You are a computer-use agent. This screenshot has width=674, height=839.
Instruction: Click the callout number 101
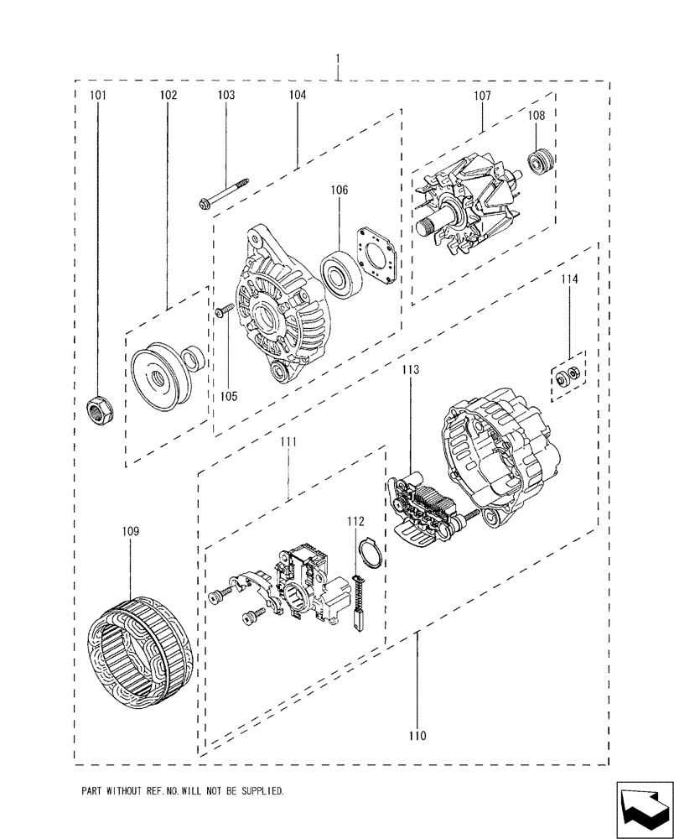coord(98,96)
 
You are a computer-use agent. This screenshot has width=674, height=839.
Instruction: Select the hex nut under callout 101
coord(98,409)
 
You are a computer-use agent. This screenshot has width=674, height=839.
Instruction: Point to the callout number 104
coord(298,96)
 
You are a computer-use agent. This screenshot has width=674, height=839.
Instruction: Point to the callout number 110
coord(417,736)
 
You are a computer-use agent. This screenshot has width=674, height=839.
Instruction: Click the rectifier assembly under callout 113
coord(423,511)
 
